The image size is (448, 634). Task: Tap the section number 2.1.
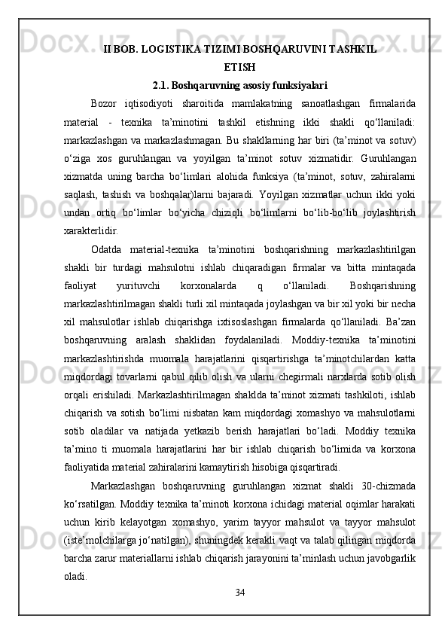point(163,85)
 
